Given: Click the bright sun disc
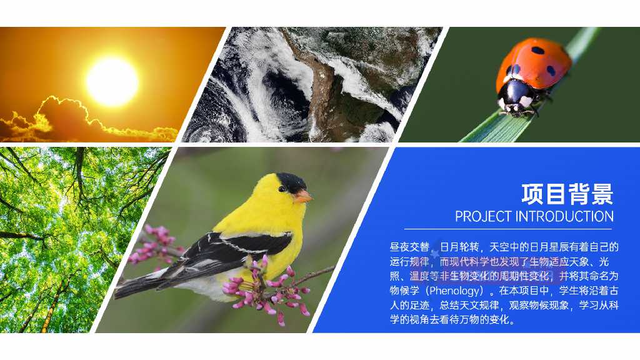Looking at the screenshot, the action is [x=112, y=81].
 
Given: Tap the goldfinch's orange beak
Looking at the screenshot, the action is [x=302, y=197].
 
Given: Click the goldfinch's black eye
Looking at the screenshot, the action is [x=282, y=189].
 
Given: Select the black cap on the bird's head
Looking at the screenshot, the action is [x=291, y=182].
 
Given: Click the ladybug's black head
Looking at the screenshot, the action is [x=514, y=96].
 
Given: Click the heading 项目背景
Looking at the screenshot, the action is [x=567, y=194].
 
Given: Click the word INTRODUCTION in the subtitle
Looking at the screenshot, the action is [x=564, y=216].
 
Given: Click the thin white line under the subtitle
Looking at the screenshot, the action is [x=508, y=229].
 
